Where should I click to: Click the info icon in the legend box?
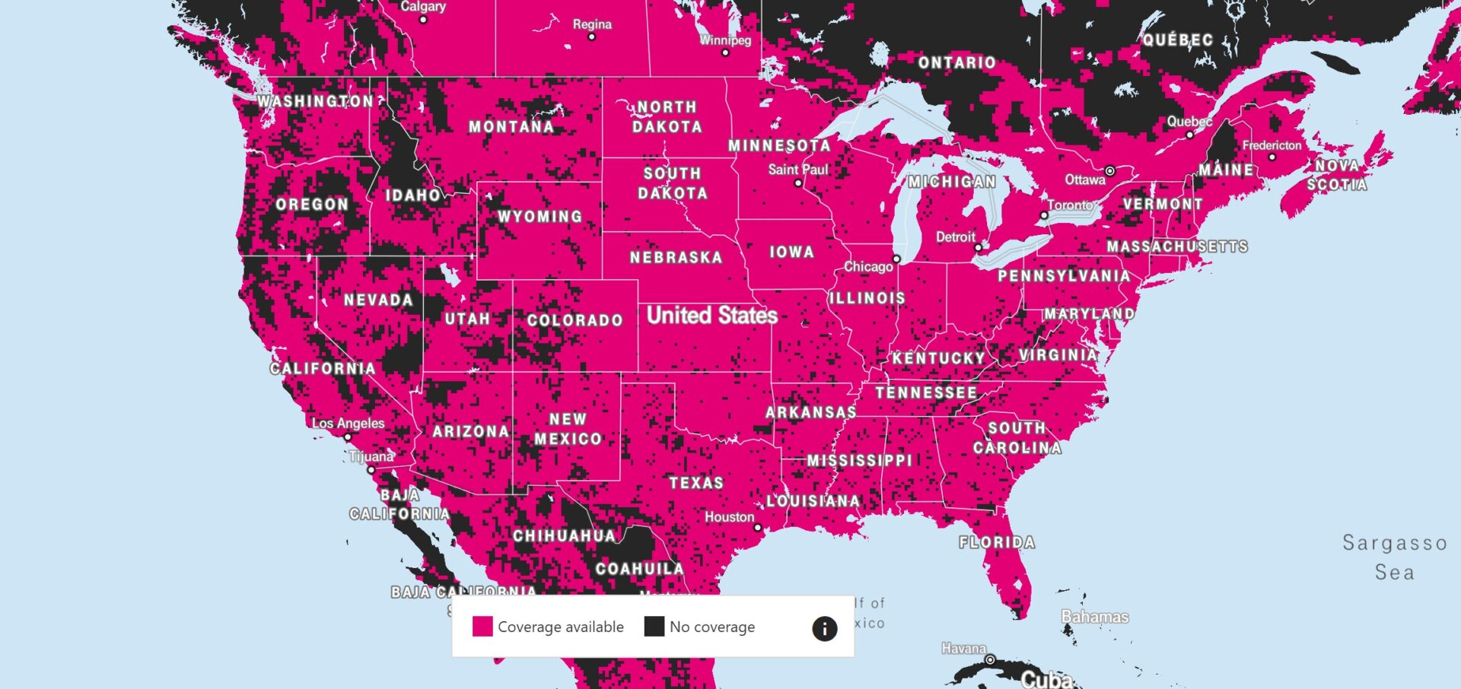coord(825,628)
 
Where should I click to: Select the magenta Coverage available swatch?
coord(482,627)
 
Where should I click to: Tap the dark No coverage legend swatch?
coord(654,627)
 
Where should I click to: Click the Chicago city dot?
coord(896,259)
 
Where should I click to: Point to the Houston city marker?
coord(757,527)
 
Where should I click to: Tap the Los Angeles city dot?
coord(348,437)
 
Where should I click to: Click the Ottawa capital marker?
coord(1110,171)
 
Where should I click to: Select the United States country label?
coord(711,316)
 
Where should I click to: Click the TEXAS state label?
coord(696,483)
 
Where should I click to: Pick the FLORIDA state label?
coord(997,542)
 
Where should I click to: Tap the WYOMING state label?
coord(540,217)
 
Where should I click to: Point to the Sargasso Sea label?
coord(1394,557)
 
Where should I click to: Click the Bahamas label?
coord(1095,617)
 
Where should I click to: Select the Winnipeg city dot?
coord(725,53)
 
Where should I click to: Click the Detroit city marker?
coord(979,248)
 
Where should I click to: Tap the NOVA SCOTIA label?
coord(1337,175)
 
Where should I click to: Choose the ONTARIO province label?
coord(956,63)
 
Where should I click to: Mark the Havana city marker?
coord(990,659)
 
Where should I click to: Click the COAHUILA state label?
coord(639,569)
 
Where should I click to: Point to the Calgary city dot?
coord(424,20)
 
